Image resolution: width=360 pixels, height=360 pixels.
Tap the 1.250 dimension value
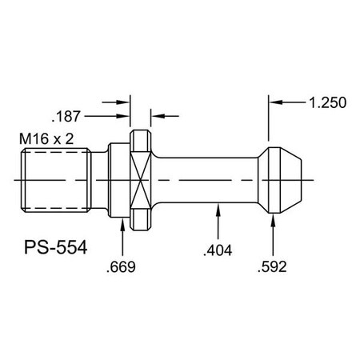(325, 102)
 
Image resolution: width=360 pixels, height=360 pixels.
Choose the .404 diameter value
(218, 250)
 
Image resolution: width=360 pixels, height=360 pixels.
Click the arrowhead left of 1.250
(275, 102)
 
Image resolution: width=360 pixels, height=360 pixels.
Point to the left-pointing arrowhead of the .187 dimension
(155, 116)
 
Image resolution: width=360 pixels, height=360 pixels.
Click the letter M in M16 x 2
(24, 139)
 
